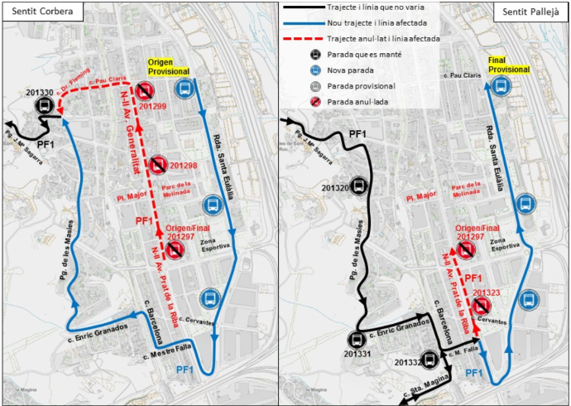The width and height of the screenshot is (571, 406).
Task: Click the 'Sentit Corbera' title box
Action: click(36, 11)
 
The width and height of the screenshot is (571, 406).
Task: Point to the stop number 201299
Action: click(151, 106)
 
